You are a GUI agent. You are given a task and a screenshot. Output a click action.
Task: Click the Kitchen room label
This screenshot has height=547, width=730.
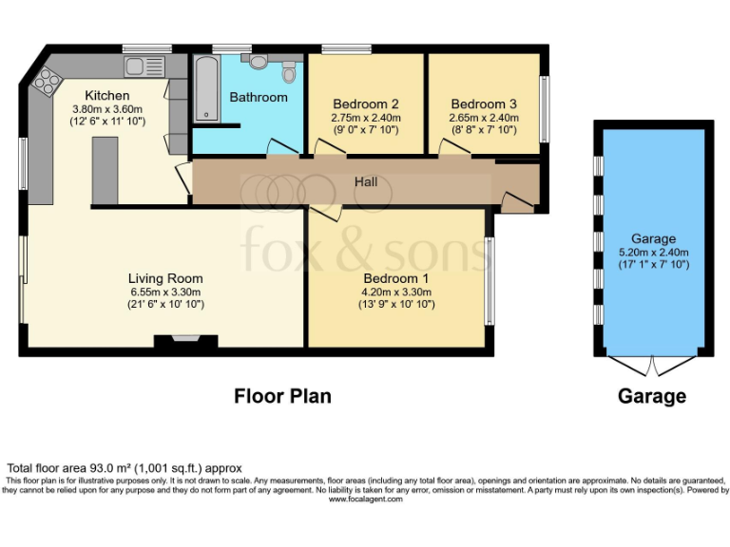click(107, 96)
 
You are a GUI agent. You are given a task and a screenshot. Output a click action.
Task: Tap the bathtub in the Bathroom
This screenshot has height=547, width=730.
click(206, 88)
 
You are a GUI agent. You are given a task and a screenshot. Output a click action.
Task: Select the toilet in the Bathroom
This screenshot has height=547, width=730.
click(290, 69)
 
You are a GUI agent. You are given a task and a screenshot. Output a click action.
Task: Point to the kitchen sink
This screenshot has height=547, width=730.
click(143, 66)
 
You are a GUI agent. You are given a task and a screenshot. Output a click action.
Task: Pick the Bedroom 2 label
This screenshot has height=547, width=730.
click(365, 104)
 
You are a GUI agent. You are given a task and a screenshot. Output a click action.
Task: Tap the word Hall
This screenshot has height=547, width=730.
click(367, 180)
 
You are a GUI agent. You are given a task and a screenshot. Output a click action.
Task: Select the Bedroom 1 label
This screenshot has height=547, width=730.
click(397, 278)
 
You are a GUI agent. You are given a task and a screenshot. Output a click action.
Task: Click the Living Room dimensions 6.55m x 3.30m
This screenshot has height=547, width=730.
click(166, 292)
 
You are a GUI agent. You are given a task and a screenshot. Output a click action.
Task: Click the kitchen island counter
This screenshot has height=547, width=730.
click(105, 171)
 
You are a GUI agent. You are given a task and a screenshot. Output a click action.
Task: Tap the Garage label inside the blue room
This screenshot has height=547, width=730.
click(653, 238)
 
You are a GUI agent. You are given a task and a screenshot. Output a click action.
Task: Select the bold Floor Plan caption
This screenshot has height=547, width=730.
click(282, 396)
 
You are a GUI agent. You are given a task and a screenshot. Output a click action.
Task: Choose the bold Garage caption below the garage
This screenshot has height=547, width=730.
click(652, 396)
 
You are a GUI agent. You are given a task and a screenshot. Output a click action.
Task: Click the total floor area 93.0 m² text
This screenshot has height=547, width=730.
click(125, 468)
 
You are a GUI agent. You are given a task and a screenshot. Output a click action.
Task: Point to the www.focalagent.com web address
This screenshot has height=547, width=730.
click(365, 499)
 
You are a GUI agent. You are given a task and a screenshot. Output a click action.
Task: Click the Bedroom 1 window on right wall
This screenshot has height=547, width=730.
click(489, 280)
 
